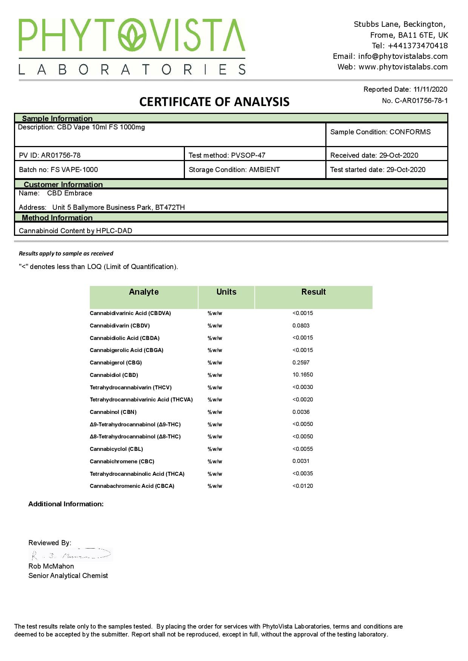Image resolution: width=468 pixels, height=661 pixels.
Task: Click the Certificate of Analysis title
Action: click(214, 102)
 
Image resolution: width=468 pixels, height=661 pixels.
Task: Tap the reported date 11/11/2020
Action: click(430, 89)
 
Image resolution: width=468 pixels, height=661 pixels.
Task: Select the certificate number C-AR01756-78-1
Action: click(421, 101)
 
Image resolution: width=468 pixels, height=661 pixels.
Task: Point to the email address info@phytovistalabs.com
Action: click(403, 56)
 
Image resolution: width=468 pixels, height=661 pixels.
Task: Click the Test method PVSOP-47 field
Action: click(227, 155)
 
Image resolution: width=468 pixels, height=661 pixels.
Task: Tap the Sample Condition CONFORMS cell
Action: click(380, 132)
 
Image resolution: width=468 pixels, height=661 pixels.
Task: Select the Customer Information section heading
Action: click(63, 184)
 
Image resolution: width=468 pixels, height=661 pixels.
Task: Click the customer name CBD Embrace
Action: click(69, 193)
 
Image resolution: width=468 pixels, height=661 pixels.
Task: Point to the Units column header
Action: click(226, 292)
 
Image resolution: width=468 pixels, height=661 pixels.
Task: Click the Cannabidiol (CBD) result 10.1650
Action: click(302, 375)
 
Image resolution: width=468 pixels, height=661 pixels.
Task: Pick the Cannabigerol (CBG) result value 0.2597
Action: click(301, 363)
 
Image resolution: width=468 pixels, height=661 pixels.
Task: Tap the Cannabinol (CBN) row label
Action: click(113, 412)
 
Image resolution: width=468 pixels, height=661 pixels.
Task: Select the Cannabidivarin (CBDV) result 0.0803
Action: click(301, 326)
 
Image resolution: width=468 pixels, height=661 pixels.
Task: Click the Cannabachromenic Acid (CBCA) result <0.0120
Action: click(303, 486)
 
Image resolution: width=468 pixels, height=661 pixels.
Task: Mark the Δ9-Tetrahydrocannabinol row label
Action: click(135, 424)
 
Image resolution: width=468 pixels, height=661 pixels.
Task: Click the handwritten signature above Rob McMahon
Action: click(71, 555)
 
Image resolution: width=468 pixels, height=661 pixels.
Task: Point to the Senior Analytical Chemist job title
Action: click(68, 576)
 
